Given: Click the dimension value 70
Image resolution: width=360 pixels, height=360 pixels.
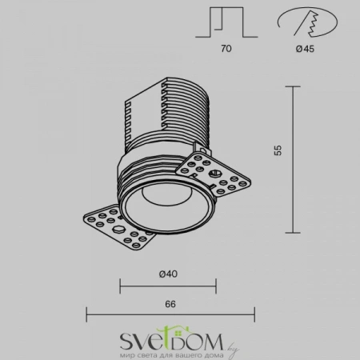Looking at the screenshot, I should point(226,50).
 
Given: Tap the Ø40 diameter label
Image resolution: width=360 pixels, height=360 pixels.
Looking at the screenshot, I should point(168,274).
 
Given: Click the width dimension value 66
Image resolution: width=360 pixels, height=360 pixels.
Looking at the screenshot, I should point(170,303).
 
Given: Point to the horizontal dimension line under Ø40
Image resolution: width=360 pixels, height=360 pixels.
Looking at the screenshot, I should point(168,285).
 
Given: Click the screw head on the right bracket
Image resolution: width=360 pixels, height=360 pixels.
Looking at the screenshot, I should point(214,171).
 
